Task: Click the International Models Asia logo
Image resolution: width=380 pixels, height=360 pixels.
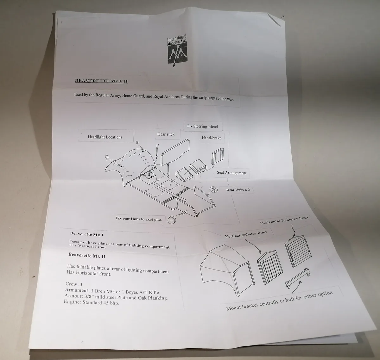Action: [177, 51]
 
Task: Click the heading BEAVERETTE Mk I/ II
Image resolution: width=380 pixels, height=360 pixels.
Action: [101, 81]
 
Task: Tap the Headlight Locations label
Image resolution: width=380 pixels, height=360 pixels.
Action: [105, 137]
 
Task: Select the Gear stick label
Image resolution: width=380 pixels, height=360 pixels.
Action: [166, 134]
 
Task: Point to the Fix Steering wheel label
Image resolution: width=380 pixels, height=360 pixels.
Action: [202, 126]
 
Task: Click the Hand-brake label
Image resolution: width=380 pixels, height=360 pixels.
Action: [212, 138]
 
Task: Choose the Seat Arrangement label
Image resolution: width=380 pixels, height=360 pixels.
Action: [231, 173]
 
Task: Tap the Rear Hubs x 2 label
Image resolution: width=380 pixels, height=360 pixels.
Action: [238, 190]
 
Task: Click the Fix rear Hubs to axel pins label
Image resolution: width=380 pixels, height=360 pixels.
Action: [138, 219]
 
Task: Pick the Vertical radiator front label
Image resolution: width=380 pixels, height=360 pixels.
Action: [246, 234]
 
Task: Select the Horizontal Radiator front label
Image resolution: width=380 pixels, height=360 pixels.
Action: [284, 220]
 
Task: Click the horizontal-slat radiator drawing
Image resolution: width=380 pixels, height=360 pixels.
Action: [298, 251]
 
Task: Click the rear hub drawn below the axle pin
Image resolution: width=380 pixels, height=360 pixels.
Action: [172, 220]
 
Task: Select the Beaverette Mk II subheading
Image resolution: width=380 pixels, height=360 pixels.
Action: [87, 256]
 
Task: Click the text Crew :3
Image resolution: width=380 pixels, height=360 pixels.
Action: [74, 284]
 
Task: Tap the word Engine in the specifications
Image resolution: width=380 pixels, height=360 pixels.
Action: [72, 302]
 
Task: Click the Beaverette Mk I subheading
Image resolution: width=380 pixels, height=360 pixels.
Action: [86, 234]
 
